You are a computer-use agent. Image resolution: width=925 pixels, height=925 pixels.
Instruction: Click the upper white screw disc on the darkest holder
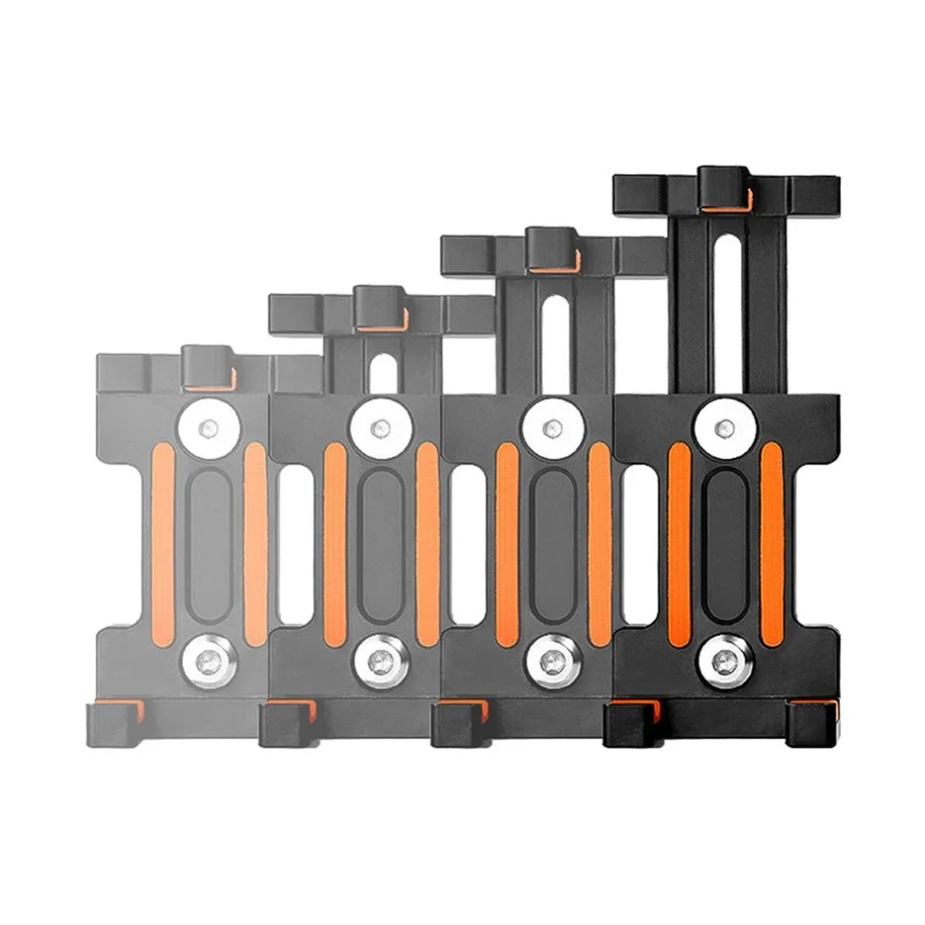point(724,428)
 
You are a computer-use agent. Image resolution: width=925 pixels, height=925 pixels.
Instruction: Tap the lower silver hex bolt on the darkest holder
point(724,662)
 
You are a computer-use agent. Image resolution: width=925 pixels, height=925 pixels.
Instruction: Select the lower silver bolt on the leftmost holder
point(209,662)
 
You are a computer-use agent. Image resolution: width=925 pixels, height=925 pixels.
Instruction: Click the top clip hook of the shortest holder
point(205,367)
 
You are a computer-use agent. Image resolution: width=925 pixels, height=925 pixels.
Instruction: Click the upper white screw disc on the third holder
point(552,428)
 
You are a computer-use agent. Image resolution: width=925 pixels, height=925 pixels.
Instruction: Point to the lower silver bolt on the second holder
point(380,662)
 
